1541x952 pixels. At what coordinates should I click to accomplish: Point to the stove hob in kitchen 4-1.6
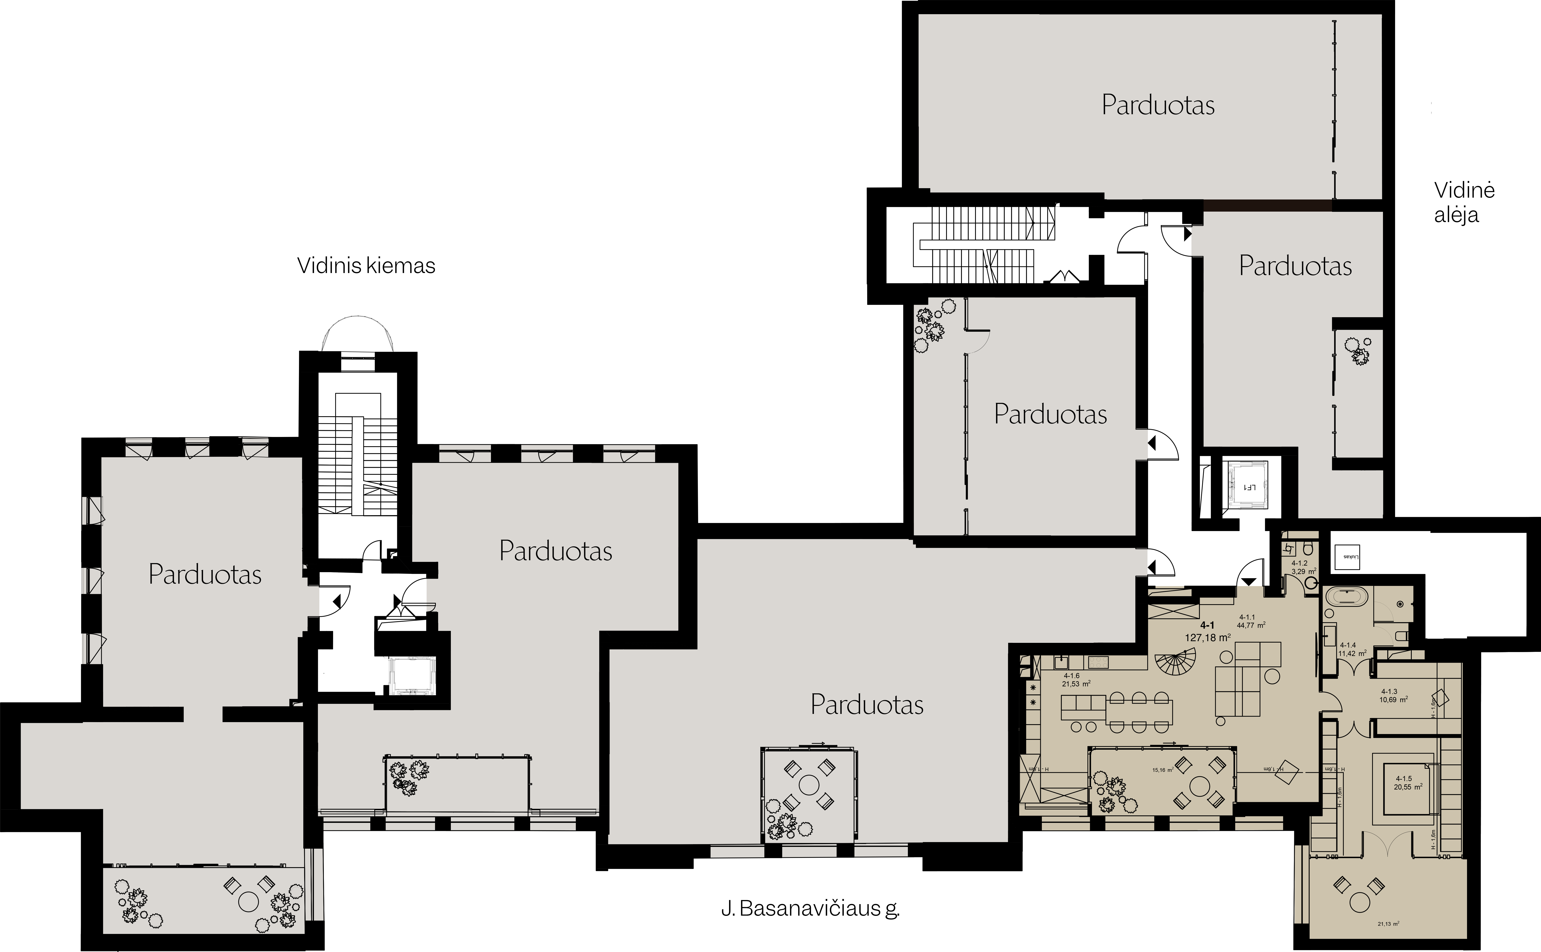(1098, 662)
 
